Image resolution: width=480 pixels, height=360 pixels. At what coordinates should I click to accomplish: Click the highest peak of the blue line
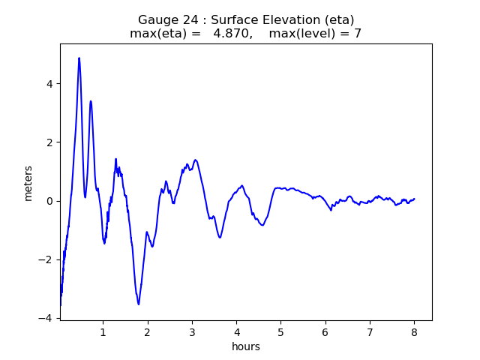click(x=79, y=58)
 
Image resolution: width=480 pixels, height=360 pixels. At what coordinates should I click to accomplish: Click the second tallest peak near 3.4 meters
click(x=91, y=101)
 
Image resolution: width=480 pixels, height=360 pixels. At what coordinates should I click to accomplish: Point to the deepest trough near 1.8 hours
click(x=139, y=304)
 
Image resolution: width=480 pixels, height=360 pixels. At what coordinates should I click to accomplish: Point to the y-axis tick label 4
click(x=49, y=84)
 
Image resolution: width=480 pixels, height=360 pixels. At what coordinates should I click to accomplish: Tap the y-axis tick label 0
click(x=49, y=201)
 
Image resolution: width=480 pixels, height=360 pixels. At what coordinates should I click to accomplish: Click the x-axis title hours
click(x=245, y=346)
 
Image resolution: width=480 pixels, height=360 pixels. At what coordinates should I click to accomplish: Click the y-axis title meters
click(x=28, y=183)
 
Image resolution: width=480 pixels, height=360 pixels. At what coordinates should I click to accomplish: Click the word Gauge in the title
click(x=155, y=20)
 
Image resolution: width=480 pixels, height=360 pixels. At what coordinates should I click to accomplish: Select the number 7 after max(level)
click(x=358, y=34)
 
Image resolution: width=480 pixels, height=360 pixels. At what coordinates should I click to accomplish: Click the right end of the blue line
click(x=414, y=199)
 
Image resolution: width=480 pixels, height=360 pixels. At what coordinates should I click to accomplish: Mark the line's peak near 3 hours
click(x=195, y=160)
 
